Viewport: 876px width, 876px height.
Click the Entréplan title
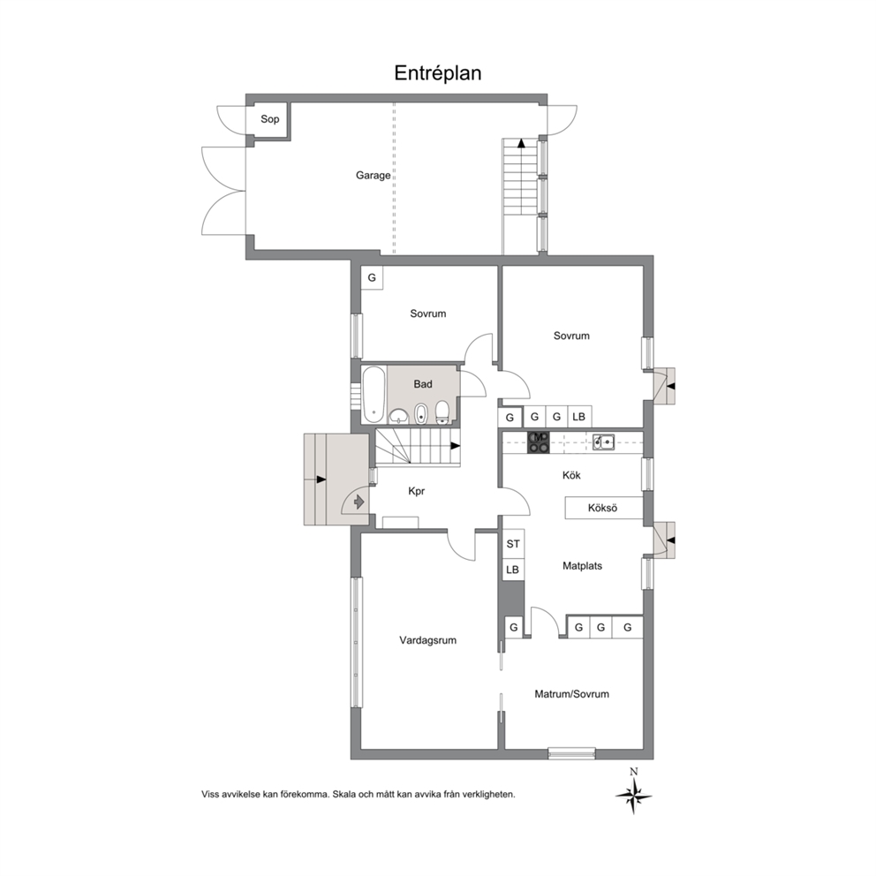(x=437, y=73)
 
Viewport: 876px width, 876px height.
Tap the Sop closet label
(x=270, y=119)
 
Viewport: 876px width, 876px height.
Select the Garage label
(x=374, y=176)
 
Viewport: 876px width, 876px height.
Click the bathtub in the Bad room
(x=374, y=395)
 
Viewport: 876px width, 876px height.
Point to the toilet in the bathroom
(x=442, y=412)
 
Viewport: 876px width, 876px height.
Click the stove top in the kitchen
(x=539, y=442)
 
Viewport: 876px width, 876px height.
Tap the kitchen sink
(x=603, y=442)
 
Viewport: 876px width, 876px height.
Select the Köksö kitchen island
(x=603, y=508)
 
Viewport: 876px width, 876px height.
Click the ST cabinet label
(x=513, y=544)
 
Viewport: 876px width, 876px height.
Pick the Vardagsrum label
(x=428, y=640)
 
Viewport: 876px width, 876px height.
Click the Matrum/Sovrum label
(x=571, y=694)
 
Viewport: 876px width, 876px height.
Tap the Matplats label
(x=582, y=566)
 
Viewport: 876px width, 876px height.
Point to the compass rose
(x=633, y=794)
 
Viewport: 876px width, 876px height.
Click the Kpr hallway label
(x=416, y=491)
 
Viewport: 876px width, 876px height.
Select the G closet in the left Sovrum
(x=372, y=277)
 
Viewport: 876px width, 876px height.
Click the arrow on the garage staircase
(x=521, y=143)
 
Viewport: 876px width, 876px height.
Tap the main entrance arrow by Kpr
(x=359, y=502)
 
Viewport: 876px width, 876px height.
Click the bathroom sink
(x=399, y=416)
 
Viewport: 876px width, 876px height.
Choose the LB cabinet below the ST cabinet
(x=512, y=570)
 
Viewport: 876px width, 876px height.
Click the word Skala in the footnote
(x=344, y=794)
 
